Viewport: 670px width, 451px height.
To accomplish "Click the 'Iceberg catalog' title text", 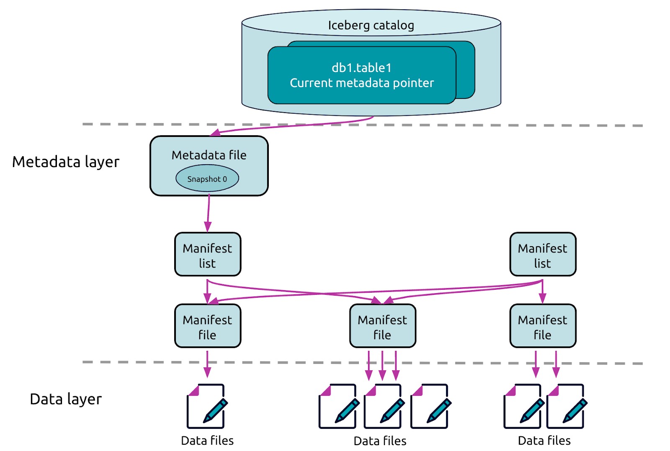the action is point(371,26).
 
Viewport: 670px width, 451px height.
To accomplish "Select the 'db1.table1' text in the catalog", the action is point(362,68).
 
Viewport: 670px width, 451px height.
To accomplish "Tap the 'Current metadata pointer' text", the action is point(362,83).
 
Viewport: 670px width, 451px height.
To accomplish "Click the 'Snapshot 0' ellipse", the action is point(207,178).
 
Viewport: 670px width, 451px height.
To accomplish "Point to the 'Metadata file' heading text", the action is point(209,155).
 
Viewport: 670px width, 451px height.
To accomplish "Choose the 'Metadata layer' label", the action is point(66,162).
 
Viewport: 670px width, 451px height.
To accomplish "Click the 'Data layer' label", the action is point(66,399).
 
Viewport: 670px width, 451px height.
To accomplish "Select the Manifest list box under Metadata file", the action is point(208,254).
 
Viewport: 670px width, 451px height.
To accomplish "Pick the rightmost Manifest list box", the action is point(543,254).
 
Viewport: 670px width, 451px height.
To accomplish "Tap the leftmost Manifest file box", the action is point(208,326).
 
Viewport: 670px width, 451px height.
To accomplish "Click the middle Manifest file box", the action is point(383,326).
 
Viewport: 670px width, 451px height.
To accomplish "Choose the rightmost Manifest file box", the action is point(543,326).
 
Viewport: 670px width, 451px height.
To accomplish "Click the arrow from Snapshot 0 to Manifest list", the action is point(208,213).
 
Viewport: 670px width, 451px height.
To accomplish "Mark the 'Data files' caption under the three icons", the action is point(380,441).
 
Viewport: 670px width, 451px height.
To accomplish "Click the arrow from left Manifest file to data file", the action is point(207,364).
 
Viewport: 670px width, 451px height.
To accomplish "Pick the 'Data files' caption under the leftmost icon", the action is point(207,441).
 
